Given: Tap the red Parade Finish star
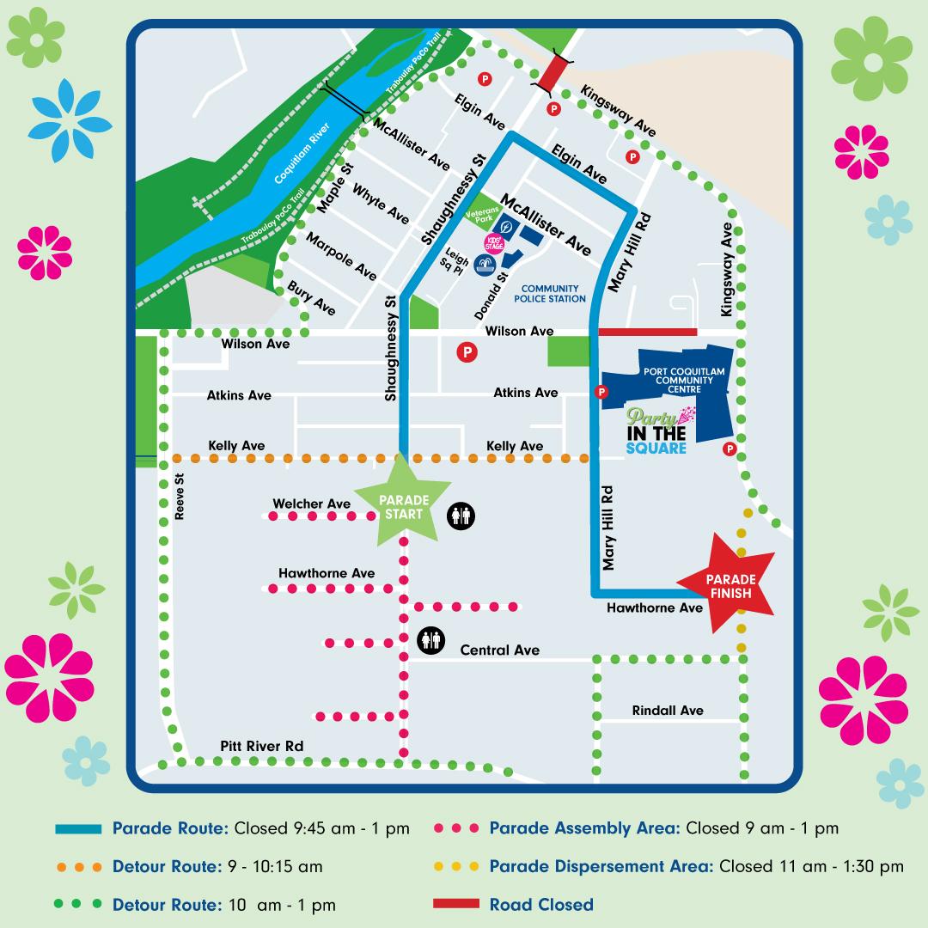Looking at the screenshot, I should (x=730, y=583).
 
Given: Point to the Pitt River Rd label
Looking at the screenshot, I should (x=261, y=746).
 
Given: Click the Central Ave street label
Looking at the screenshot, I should (x=499, y=650).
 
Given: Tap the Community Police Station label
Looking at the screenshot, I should (x=549, y=294).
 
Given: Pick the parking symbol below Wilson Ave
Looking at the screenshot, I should (x=467, y=351).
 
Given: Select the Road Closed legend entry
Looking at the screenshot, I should (x=540, y=904).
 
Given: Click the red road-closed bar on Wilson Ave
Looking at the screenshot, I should (x=646, y=331).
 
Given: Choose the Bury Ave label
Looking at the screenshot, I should (x=311, y=296).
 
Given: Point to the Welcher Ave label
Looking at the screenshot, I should (x=311, y=504).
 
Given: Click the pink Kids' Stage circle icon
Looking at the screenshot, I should (x=493, y=244).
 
